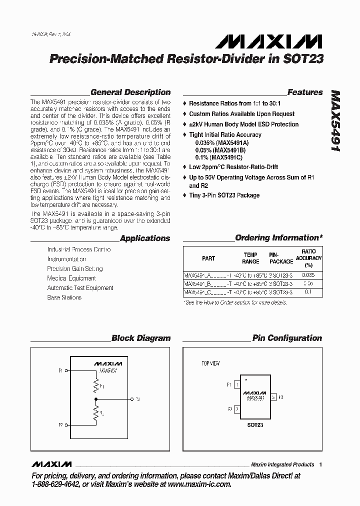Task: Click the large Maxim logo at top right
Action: tap(286, 41)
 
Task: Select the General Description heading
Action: tap(130, 92)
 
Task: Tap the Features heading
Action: tap(305, 92)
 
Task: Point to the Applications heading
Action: tap(145, 238)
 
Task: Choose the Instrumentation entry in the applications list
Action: tap(66, 259)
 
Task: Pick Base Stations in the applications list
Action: tap(64, 297)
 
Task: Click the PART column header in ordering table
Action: tap(208, 258)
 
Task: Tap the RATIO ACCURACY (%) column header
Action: tap(308, 258)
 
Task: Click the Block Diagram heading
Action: tap(140, 338)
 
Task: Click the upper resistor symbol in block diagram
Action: tap(95, 386)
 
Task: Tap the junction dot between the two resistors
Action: tap(95, 399)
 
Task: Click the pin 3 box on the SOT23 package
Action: tap(273, 397)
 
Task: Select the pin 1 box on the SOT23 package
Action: tap(236, 385)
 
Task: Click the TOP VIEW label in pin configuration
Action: tap(210, 363)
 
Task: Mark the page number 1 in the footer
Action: tap(320, 464)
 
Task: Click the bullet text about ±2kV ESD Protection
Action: tap(243, 124)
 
